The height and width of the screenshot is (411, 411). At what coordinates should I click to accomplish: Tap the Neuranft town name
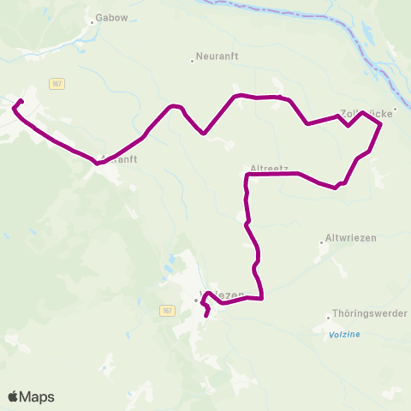214,60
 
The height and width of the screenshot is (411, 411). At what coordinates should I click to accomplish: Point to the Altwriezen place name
351,237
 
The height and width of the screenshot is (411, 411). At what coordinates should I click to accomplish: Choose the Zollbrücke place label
365,113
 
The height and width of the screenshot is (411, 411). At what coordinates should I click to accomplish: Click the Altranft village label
119,159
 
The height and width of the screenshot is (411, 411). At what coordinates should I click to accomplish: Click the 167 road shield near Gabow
57,83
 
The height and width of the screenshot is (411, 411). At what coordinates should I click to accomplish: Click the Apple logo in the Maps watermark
14,396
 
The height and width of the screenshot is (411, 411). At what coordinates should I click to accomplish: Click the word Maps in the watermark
37,396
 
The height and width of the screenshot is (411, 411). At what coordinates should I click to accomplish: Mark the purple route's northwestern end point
21,102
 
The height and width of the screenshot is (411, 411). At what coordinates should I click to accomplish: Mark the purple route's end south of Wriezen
206,316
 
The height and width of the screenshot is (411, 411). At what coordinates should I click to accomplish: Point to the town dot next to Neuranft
191,61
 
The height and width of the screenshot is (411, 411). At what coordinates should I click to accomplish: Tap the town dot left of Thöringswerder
329,316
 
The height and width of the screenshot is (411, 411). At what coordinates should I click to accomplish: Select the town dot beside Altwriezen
322,242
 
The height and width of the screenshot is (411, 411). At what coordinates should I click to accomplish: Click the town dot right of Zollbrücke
396,109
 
